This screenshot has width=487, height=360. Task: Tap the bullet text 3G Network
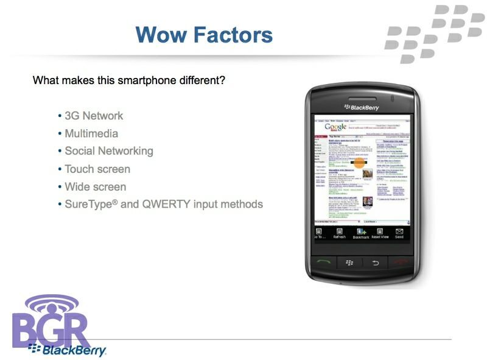click(94, 116)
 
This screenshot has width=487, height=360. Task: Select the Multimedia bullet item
click(91, 133)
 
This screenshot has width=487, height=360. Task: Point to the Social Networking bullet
click(109, 151)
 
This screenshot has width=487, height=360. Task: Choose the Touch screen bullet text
click(97, 169)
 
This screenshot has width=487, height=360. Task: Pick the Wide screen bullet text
click(96, 186)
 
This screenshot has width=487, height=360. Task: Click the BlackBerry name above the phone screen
click(364, 108)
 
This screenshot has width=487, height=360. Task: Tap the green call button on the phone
click(324, 263)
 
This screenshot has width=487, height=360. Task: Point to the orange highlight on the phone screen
click(359, 163)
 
